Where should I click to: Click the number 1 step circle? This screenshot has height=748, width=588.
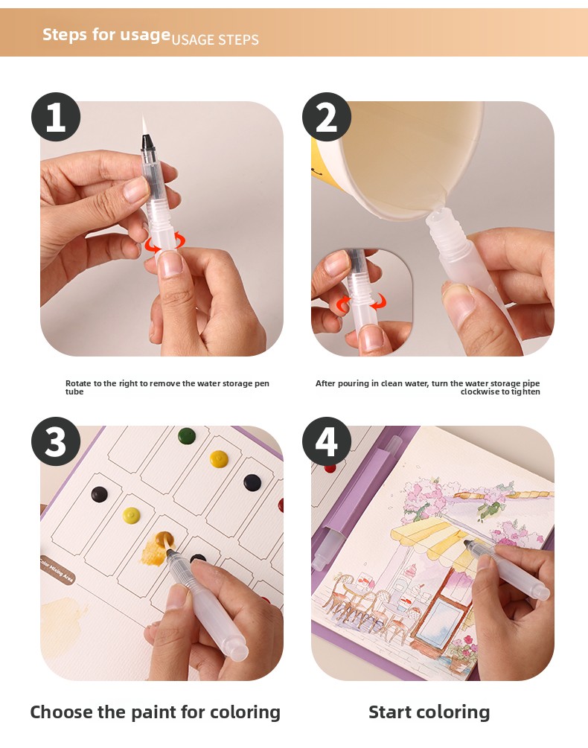(x=56, y=117)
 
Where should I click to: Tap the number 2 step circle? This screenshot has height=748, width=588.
(x=327, y=117)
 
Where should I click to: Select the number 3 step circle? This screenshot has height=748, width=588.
(x=56, y=441)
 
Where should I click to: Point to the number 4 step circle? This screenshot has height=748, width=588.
(x=327, y=441)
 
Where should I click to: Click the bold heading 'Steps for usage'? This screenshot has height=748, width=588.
(x=106, y=35)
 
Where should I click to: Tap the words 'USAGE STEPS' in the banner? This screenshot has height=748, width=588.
(x=215, y=39)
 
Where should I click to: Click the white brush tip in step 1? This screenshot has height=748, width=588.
(x=144, y=125)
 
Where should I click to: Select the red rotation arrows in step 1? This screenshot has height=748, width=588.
(x=165, y=243)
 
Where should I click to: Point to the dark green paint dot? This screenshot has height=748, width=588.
(x=187, y=435)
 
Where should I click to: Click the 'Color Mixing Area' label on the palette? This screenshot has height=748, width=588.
(x=57, y=570)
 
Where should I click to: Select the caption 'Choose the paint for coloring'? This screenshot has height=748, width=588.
(x=155, y=712)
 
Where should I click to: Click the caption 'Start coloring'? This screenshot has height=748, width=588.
(x=429, y=712)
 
